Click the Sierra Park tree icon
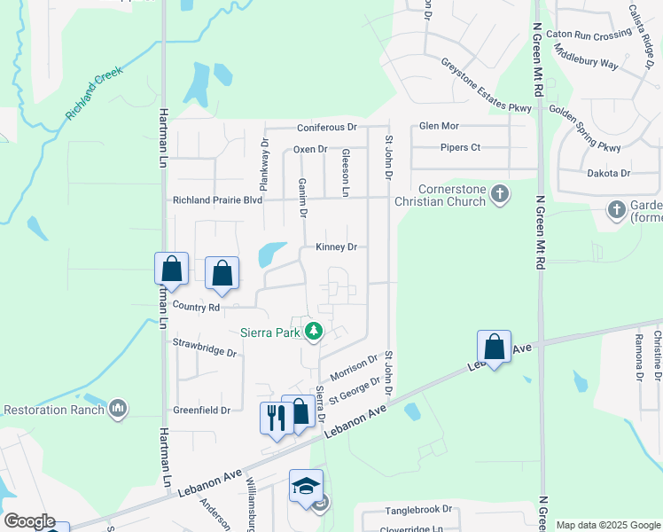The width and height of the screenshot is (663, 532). pyautogui.click(x=312, y=332)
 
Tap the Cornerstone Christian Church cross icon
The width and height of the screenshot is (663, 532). pyautogui.click(x=500, y=193)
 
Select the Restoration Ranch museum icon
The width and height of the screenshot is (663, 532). pyautogui.click(x=118, y=409)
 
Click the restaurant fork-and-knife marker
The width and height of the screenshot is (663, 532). pyautogui.click(x=275, y=416)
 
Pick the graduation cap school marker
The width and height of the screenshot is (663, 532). pyautogui.click(x=305, y=486)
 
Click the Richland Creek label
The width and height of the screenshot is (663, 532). pyautogui.click(x=94, y=97)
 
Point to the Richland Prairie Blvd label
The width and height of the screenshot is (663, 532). pyautogui.click(x=217, y=200)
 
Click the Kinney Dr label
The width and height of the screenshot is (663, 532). pyautogui.click(x=335, y=247)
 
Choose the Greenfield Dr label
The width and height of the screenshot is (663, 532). pyautogui.click(x=200, y=411)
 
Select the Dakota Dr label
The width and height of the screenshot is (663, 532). pyautogui.click(x=608, y=174)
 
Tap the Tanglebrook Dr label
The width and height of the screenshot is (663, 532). pyautogui.click(x=418, y=511)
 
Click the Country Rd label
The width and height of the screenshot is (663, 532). pyautogui.click(x=196, y=307)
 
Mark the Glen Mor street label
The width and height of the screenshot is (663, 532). pyautogui.click(x=439, y=127)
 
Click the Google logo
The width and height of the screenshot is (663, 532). pyautogui.click(x=28, y=522)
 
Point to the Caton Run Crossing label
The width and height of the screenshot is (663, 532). pyautogui.click(x=589, y=35)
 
